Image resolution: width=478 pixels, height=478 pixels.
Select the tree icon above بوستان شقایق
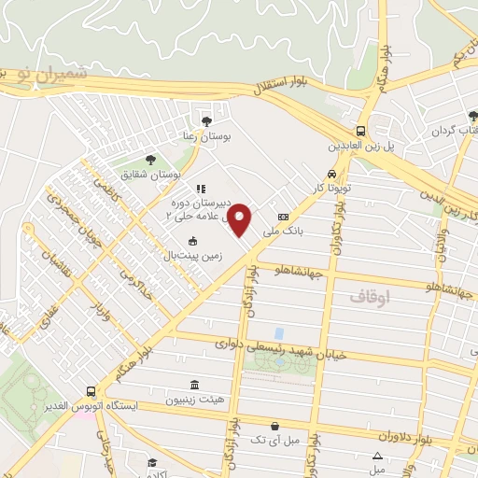[x=149, y=159]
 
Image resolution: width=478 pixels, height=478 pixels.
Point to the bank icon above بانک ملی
[x=271, y=217]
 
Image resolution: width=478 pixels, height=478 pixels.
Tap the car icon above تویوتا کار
[x=332, y=175]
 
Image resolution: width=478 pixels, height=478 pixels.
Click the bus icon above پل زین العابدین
[x=360, y=132]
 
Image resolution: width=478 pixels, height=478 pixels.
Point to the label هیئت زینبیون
[x=195, y=400]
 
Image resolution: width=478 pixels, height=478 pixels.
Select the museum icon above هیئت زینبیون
[x=194, y=386]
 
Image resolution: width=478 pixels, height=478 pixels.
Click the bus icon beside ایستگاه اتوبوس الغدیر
[x=91, y=392]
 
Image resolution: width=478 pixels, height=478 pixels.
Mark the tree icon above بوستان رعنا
[x=206, y=120]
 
